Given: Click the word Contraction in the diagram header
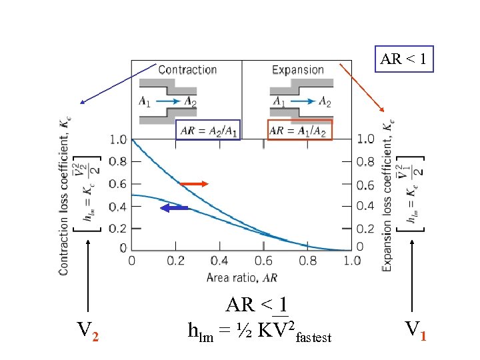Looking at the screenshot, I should (187, 69).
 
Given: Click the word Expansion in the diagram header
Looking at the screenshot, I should (298, 69).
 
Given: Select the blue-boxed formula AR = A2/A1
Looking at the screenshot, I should (209, 130).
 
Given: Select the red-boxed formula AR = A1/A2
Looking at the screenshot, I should (299, 130).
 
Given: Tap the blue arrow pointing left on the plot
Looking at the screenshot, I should (175, 209).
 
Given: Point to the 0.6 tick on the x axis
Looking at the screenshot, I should (265, 261).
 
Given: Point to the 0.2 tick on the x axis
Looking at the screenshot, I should (176, 261).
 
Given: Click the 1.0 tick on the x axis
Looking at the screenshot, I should (352, 261).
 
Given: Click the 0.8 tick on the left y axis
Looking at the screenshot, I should (118, 161).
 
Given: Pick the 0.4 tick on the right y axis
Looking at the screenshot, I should (366, 205).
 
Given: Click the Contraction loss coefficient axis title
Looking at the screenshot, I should (64, 193).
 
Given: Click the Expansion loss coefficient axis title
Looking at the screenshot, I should (387, 193).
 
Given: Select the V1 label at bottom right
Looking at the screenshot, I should (415, 329).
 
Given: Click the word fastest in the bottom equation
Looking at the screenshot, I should (313, 338).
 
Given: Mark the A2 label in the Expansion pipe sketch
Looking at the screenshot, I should (325, 101).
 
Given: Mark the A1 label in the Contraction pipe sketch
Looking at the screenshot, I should (145, 101).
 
